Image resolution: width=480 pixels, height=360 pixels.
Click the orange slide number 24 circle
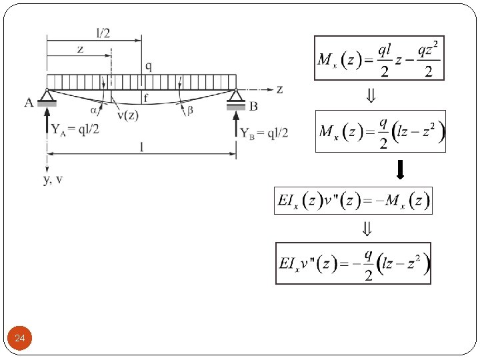coord(20,339)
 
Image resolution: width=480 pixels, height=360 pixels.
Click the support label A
coord(29,103)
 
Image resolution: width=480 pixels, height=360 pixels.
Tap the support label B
coord(254,105)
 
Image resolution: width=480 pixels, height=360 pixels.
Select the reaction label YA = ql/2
coord(75,129)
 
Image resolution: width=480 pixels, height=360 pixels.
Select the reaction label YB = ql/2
coord(265,133)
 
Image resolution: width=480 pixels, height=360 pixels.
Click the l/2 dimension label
coord(103,33)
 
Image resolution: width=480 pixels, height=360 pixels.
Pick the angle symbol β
coord(190,111)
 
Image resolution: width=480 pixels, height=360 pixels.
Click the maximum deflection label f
coord(146,98)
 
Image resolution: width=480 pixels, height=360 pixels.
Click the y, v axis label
coord(53,180)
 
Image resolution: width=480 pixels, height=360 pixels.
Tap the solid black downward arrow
coord(400,171)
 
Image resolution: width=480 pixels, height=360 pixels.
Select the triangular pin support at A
coord(46,97)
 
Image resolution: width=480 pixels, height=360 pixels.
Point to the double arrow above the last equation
coord(367,229)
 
